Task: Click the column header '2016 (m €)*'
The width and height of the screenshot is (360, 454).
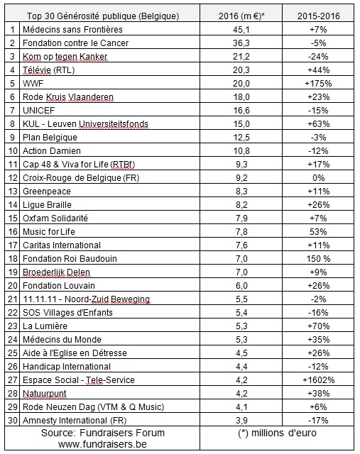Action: point(241,16)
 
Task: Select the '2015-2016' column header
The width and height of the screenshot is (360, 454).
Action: point(318,16)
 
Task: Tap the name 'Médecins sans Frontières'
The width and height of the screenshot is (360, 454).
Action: point(72,29)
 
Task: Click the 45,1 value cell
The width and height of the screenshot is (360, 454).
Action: point(241,30)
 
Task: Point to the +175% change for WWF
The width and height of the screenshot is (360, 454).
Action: point(318,84)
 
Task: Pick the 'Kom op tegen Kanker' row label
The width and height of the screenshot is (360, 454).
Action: point(65,57)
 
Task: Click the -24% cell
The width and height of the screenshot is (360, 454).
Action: point(318,57)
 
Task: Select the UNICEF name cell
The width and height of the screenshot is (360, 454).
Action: point(38,111)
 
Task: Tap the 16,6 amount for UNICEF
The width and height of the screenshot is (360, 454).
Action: point(241,111)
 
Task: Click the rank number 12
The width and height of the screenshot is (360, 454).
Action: point(13,178)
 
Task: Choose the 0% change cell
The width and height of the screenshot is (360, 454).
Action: point(318,178)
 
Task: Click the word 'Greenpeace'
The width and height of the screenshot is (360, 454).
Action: point(47,192)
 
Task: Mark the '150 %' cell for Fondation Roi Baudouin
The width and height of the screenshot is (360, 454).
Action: point(318,258)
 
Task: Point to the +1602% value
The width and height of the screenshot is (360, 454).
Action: point(318,380)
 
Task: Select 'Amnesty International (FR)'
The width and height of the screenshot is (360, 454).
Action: point(75,420)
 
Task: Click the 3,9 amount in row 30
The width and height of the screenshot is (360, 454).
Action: point(241,421)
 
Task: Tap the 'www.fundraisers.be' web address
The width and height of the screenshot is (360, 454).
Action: point(102,444)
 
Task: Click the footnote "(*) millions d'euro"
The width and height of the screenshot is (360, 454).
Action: point(277,433)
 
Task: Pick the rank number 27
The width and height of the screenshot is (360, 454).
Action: point(13,380)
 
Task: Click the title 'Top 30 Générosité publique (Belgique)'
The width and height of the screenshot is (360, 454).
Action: point(103,16)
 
